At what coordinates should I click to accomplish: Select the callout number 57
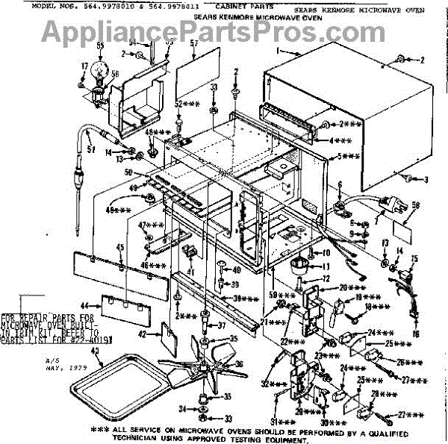point(194,44)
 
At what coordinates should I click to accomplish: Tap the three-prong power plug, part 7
point(391,201)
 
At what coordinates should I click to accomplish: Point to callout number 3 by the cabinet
point(426,179)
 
